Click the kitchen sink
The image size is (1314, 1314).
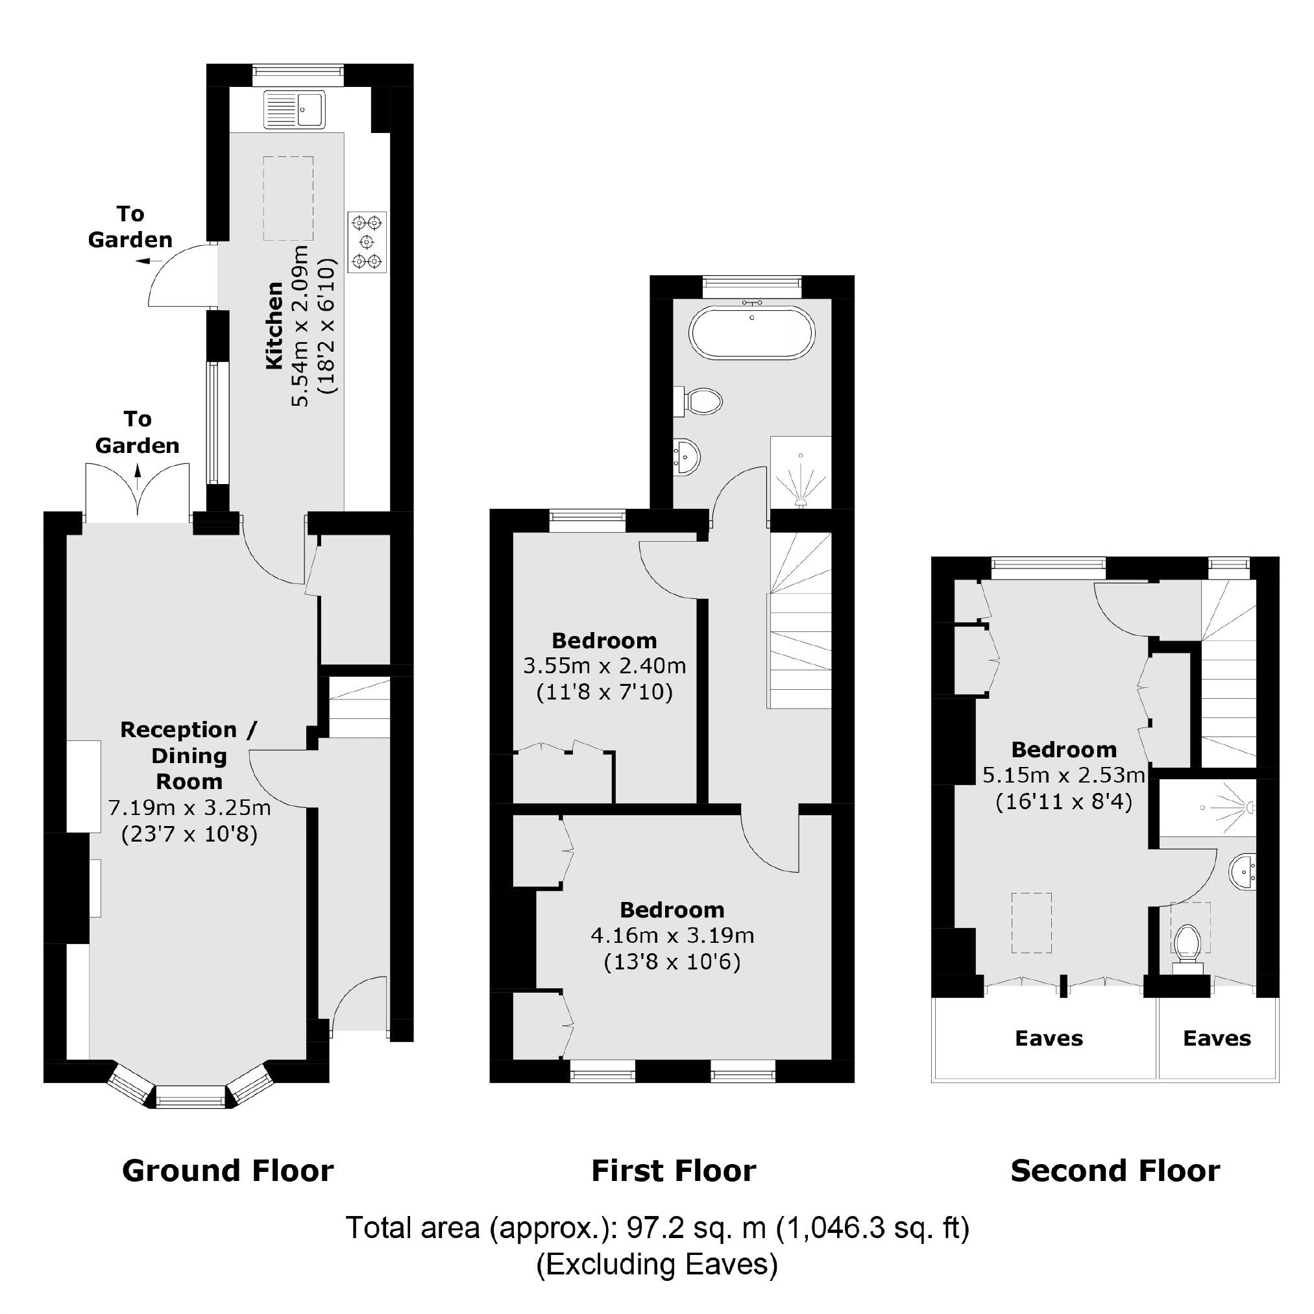click(x=295, y=109)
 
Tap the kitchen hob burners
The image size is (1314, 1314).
click(x=367, y=241)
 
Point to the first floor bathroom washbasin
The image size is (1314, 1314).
click(x=687, y=455)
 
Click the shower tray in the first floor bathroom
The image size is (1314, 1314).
click(x=801, y=472)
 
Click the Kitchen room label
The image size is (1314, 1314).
click(x=274, y=326)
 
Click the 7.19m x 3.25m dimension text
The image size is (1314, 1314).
click(x=189, y=808)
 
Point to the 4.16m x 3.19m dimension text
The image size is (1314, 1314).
click(x=672, y=936)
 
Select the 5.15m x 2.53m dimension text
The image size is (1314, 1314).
click(x=1064, y=775)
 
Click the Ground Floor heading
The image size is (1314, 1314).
click(x=228, y=1171)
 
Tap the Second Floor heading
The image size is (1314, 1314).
click(x=1115, y=1171)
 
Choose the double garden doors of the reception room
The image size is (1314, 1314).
click(x=138, y=492)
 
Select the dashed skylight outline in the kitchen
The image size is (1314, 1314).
click(x=288, y=198)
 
